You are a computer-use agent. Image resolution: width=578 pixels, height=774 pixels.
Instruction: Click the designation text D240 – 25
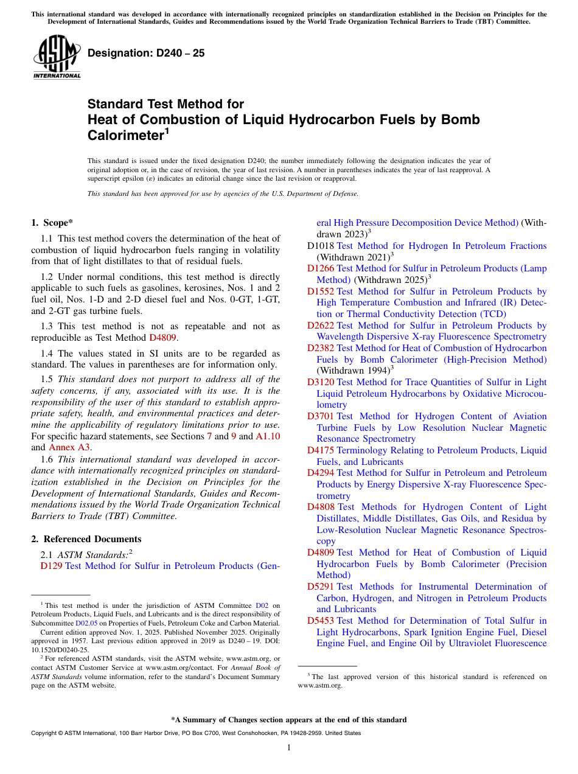pos(146,54)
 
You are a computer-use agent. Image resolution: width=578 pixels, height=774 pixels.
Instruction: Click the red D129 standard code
pos(51,566)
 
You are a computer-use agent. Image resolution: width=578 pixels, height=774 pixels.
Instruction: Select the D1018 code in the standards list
pos(320,246)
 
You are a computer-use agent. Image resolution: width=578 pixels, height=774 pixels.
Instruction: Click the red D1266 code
pos(320,268)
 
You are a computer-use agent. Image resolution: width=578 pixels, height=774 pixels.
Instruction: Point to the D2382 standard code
pos(320,348)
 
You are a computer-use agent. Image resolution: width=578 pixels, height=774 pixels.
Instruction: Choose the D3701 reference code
pos(320,416)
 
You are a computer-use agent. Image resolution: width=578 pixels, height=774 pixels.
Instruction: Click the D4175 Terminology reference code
pos(320,450)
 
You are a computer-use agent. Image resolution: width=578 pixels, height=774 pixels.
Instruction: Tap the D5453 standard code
pos(320,621)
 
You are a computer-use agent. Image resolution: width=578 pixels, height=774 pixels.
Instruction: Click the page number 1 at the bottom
pos(289,748)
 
